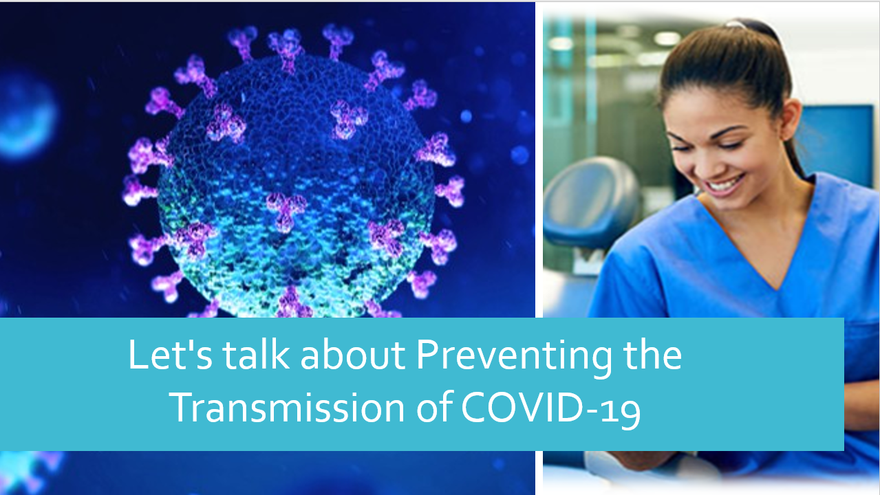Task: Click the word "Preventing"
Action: pyautogui.click(x=513, y=357)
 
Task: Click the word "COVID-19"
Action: pyautogui.click(x=551, y=409)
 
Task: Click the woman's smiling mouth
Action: pyautogui.click(x=726, y=184)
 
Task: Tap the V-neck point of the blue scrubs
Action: pyautogui.click(x=777, y=289)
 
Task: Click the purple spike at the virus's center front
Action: pyautogui.click(x=286, y=210)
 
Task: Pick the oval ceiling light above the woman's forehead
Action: pyautogui.click(x=667, y=38)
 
